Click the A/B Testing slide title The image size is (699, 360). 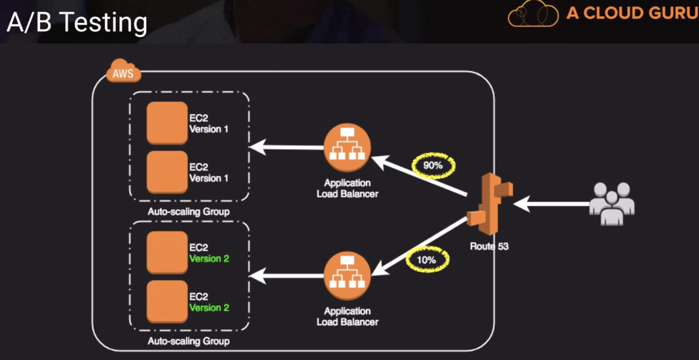pos(77,22)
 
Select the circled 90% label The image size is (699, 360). pos(433,165)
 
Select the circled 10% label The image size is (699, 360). pos(427,260)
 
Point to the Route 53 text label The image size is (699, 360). pos(489,246)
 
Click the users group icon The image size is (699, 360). pos(612,203)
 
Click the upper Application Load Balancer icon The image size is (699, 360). pos(347,147)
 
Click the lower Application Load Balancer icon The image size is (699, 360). pos(347,276)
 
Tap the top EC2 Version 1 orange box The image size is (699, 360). pos(167,123)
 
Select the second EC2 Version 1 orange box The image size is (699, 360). pos(167,172)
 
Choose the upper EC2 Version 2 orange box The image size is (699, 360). pos(167,252)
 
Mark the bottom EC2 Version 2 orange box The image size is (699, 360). pos(167,301)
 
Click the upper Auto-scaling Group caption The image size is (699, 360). pos(188,211)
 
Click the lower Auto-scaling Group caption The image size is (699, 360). pos(188,341)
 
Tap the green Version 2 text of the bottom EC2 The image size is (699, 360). pos(209,308)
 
